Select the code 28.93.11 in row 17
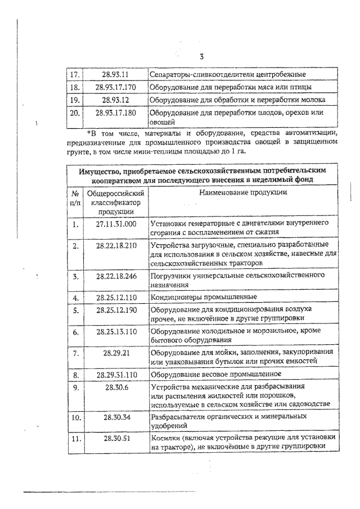tap(116, 74)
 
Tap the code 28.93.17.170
tap(116, 87)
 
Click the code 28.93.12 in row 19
tap(116, 100)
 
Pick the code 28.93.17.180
tap(116, 112)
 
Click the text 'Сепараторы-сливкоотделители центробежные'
tap(227, 74)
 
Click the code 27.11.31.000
tap(116, 223)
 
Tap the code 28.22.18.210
tap(116, 246)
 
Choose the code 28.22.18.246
tap(116, 276)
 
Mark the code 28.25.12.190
tap(116, 309)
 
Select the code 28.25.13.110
tap(116, 332)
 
